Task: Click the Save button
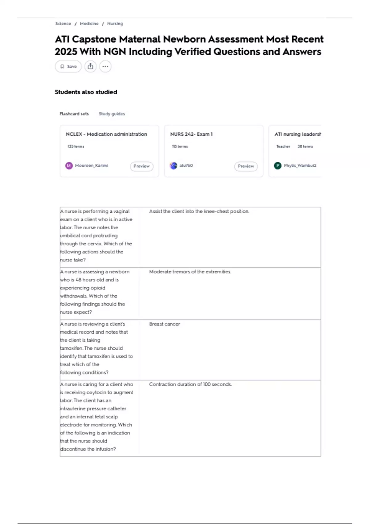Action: point(68,67)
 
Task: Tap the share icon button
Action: point(90,67)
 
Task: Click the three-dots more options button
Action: point(105,67)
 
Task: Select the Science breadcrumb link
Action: point(63,24)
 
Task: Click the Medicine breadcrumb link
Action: point(89,24)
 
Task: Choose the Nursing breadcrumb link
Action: point(115,24)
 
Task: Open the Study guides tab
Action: point(112,114)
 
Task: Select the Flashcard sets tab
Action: point(74,114)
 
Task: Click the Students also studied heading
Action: point(86,92)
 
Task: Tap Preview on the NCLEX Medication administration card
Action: point(142,166)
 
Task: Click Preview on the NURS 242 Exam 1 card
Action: point(246,166)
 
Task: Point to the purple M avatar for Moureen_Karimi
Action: point(69,166)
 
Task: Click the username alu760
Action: point(186,166)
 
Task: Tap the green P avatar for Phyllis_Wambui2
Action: point(278,166)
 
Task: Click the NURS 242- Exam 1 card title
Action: point(191,134)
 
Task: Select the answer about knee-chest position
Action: point(199,211)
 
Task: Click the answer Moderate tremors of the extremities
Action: point(190,272)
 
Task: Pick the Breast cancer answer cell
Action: point(164,324)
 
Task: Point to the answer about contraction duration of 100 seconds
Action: point(190,384)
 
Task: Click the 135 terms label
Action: point(76,146)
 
